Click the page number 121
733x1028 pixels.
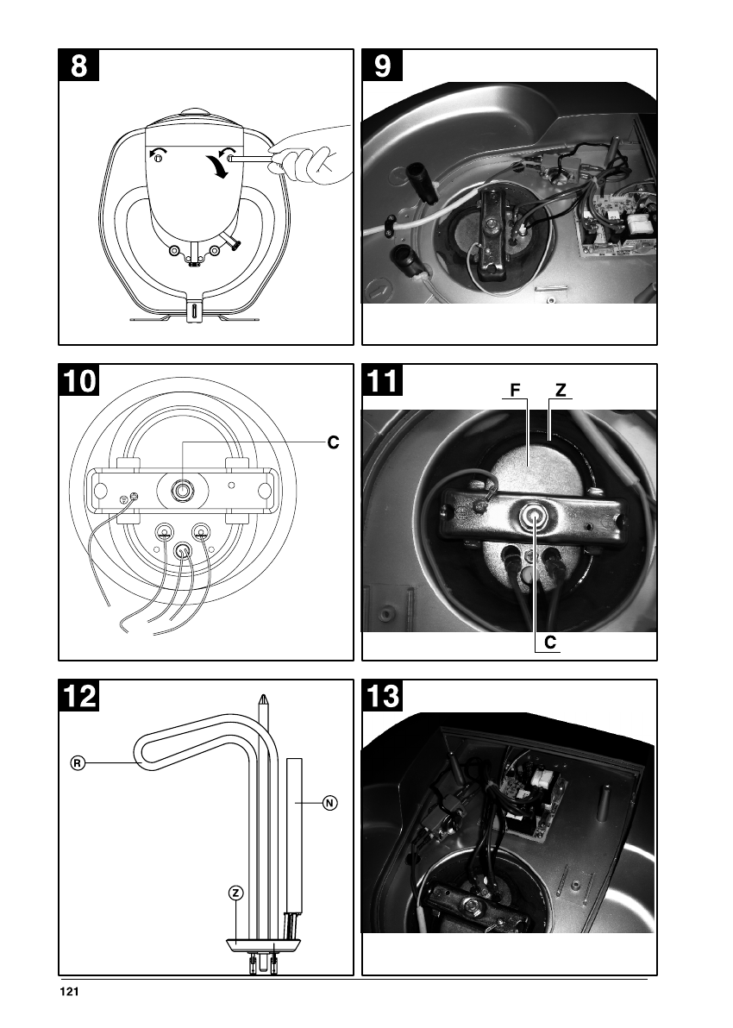tap(69, 993)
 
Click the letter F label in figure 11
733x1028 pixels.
tap(515, 391)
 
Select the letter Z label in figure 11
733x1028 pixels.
tap(561, 391)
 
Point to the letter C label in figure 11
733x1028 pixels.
tap(549, 642)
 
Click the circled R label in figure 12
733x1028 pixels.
tap(77, 763)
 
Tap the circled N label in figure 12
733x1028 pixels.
tap(329, 803)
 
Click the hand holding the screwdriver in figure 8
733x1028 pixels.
tap(310, 157)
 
